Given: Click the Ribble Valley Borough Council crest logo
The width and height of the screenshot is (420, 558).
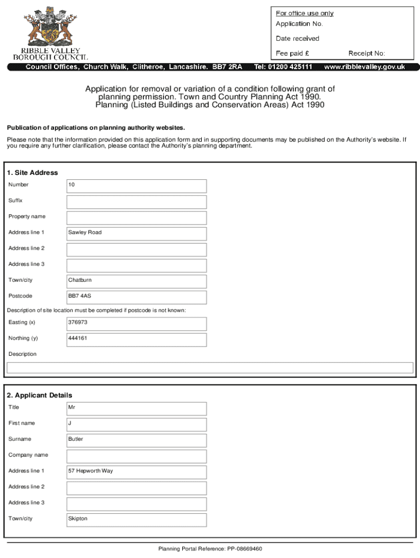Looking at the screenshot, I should tap(50, 28).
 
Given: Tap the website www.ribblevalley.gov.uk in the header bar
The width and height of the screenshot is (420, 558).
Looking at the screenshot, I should tap(364, 67).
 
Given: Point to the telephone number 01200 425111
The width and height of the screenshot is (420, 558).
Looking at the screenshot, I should tap(283, 67).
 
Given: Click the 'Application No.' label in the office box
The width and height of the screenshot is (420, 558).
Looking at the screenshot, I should tap(299, 24).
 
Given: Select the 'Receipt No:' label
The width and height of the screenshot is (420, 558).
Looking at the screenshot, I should tap(367, 53).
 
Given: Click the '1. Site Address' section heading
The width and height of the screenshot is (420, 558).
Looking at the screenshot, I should tap(33, 173).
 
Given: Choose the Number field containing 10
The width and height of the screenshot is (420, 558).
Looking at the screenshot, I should tap(136, 186).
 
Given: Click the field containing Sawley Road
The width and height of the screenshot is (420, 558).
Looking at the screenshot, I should tap(136, 233).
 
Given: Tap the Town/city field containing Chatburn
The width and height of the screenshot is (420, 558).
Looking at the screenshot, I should tap(136, 281).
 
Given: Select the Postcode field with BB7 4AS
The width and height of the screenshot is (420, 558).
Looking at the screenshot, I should tap(136, 297).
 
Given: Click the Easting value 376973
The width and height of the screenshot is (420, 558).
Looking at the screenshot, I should tap(136, 323).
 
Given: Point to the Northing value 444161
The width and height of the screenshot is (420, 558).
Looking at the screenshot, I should tap(136, 339).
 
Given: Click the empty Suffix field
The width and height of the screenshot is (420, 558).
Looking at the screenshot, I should tap(136, 202).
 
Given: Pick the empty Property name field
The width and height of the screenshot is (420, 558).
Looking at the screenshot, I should tap(136, 217).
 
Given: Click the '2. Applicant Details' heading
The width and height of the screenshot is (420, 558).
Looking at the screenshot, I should tap(40, 395).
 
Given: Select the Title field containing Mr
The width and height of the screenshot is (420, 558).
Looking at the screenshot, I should tap(136, 408).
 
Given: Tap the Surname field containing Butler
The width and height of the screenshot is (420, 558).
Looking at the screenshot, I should tap(136, 440).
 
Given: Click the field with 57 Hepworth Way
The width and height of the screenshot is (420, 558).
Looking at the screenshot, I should tap(136, 471).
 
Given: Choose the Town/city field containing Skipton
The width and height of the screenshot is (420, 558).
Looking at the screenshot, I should tap(136, 519).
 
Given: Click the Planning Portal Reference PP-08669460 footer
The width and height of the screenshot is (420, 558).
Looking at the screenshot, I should tap(210, 549).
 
